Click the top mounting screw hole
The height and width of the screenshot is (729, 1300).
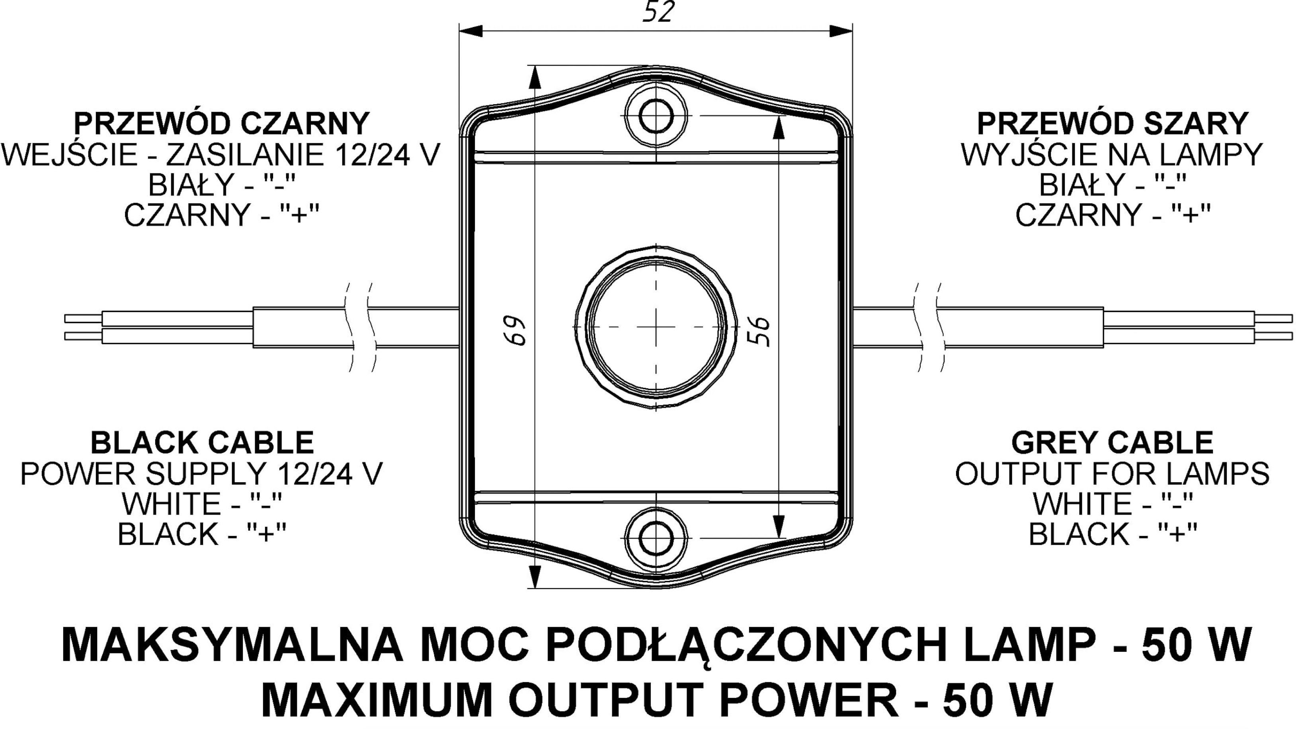coord(656,115)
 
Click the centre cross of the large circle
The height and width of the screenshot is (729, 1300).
coord(656,327)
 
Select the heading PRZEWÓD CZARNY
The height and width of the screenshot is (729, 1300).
coord(222,123)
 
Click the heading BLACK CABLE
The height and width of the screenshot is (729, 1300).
coord(202,442)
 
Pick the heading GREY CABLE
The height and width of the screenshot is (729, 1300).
coord(1112,442)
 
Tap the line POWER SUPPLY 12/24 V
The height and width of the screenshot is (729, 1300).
coord(202,474)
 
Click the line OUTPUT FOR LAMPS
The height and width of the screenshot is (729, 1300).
coord(1112,474)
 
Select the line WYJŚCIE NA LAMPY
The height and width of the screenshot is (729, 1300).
coord(1112,154)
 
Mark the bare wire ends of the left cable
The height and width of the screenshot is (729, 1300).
coord(83,327)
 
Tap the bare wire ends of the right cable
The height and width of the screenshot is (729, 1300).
coord(1273,327)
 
